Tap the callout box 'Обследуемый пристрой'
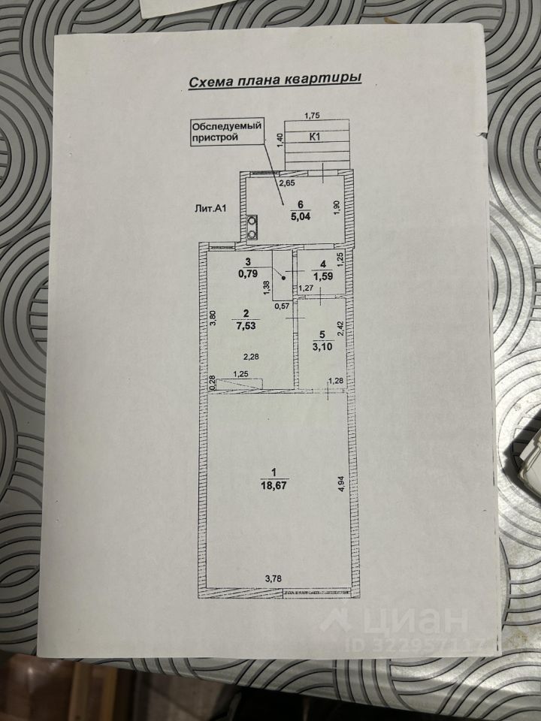tap(225, 132)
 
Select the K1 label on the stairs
tap(316, 137)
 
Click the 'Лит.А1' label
tap(209, 210)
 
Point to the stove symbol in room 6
tap(251, 227)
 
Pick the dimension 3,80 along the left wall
tap(213, 318)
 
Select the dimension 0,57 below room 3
tap(281, 306)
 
